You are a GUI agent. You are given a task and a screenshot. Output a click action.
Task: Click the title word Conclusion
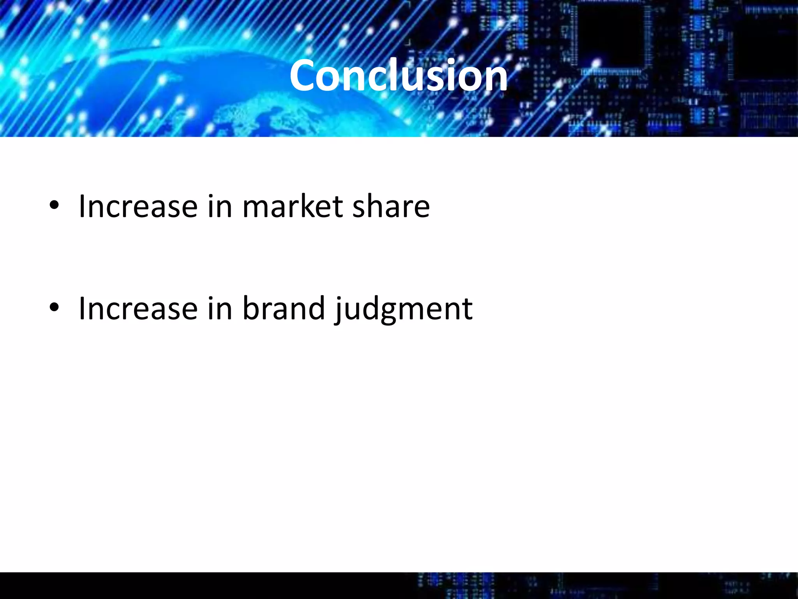[x=398, y=75]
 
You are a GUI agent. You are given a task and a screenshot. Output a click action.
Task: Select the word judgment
[x=404, y=310]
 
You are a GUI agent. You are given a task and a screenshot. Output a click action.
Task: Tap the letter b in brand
[x=250, y=308]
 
